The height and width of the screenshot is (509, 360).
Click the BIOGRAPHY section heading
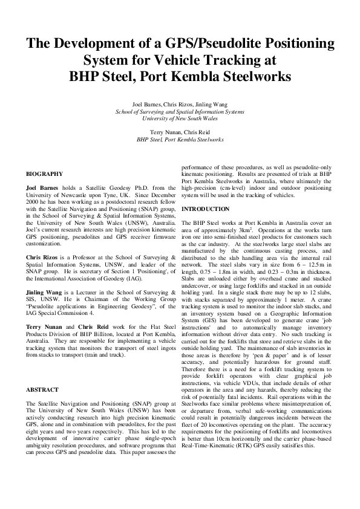click(44, 173)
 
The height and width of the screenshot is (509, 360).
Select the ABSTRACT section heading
click(43, 390)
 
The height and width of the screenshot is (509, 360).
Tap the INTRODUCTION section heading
click(206, 209)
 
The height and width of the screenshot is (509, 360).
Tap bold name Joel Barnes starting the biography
click(42, 188)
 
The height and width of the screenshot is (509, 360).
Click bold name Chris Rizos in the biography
click(41, 258)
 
